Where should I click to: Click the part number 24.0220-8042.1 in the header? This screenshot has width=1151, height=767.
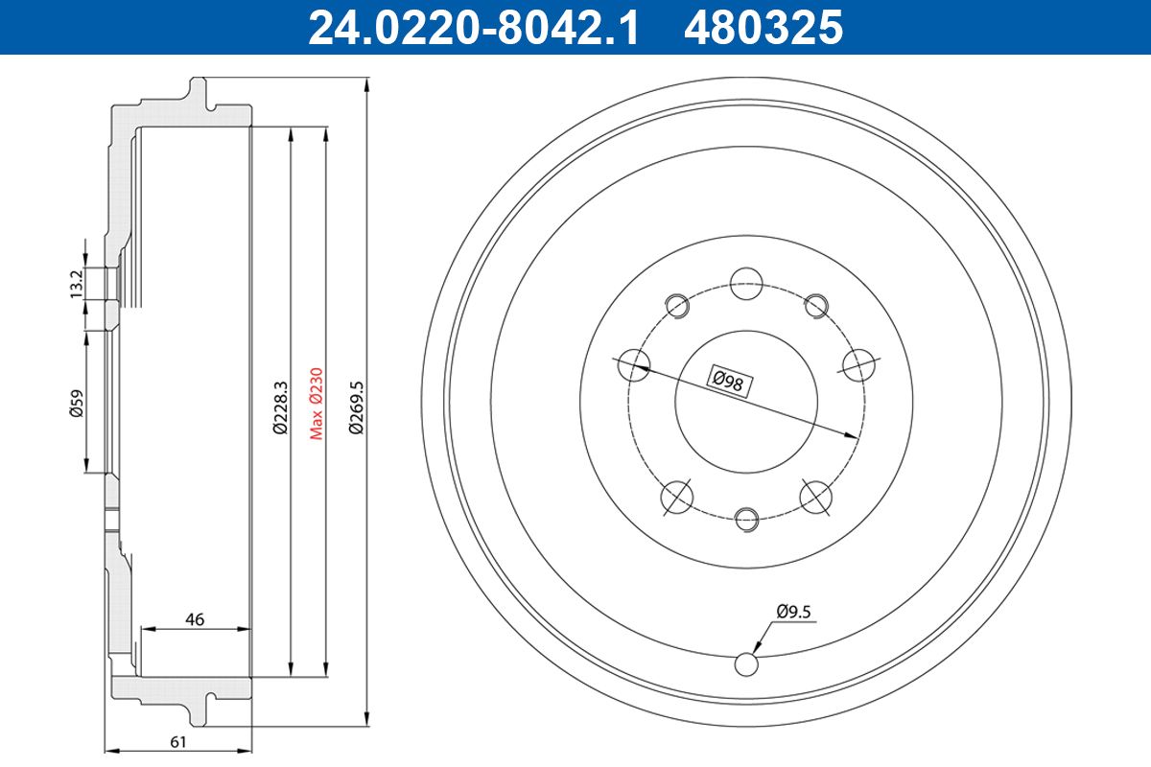point(473,27)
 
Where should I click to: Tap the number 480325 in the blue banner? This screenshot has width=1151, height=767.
point(763,27)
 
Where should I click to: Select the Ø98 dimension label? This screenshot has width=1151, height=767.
point(729,382)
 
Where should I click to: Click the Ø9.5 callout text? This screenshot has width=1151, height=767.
point(793,612)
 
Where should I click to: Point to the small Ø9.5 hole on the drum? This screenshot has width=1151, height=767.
point(746,664)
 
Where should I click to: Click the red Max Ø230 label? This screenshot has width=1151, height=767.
point(316,404)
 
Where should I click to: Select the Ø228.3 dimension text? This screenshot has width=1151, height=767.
point(280,407)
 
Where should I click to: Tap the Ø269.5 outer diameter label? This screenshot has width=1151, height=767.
point(356,407)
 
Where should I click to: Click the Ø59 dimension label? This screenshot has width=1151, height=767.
point(77,404)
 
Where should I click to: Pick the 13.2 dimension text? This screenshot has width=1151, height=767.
point(77,284)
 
